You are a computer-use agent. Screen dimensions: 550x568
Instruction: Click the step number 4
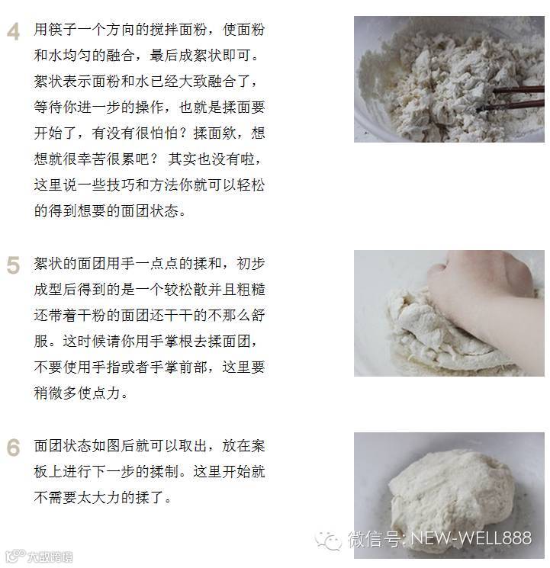coord(14,31)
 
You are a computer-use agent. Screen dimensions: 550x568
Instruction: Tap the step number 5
coord(13,265)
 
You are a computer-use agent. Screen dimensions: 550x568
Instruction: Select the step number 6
coord(13,448)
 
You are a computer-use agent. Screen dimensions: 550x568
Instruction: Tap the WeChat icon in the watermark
coord(328,541)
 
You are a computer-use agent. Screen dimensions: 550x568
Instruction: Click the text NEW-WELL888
coord(471,538)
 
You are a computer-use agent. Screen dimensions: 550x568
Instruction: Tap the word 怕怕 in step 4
coord(164,133)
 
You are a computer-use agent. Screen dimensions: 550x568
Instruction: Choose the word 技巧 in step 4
coord(121,185)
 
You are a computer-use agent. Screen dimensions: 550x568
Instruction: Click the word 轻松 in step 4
coord(251,185)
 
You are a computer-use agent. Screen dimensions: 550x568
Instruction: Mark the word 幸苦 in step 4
coord(92,159)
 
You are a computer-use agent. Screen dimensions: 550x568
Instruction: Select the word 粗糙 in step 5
coord(251,290)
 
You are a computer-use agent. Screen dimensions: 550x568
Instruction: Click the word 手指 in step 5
coord(106,367)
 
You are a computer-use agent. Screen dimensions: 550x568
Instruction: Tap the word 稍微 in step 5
coord(48,393)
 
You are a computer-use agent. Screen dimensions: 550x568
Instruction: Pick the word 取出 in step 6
coord(193,446)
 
